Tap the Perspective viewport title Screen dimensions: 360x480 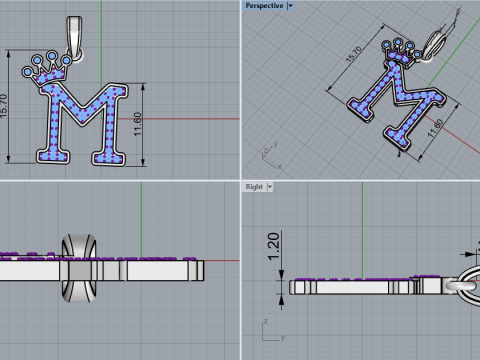tap(262, 6)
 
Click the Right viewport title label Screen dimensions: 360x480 tap(254, 187)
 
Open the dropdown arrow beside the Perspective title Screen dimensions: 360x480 tap(289, 6)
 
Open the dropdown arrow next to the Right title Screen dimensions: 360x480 tap(271, 187)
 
